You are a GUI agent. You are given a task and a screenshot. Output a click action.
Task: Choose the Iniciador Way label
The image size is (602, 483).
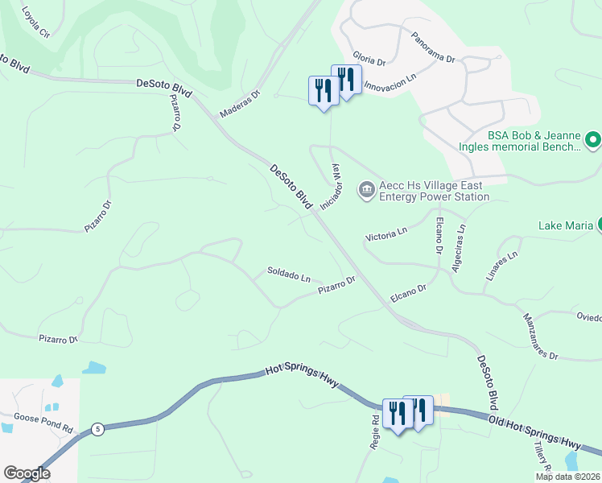332,187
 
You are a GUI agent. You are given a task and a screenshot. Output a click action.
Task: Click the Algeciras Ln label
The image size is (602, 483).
459,247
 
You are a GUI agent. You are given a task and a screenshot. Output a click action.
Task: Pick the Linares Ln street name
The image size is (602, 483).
500,265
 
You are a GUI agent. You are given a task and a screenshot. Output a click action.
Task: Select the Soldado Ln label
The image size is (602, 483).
288,275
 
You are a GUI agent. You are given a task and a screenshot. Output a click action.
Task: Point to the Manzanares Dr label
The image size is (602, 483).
539,336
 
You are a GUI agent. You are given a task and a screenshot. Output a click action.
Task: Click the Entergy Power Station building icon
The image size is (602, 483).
366,190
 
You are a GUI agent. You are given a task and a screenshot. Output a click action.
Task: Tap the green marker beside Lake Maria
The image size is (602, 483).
598,225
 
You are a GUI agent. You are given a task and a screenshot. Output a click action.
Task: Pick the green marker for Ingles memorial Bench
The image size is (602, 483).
593,141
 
